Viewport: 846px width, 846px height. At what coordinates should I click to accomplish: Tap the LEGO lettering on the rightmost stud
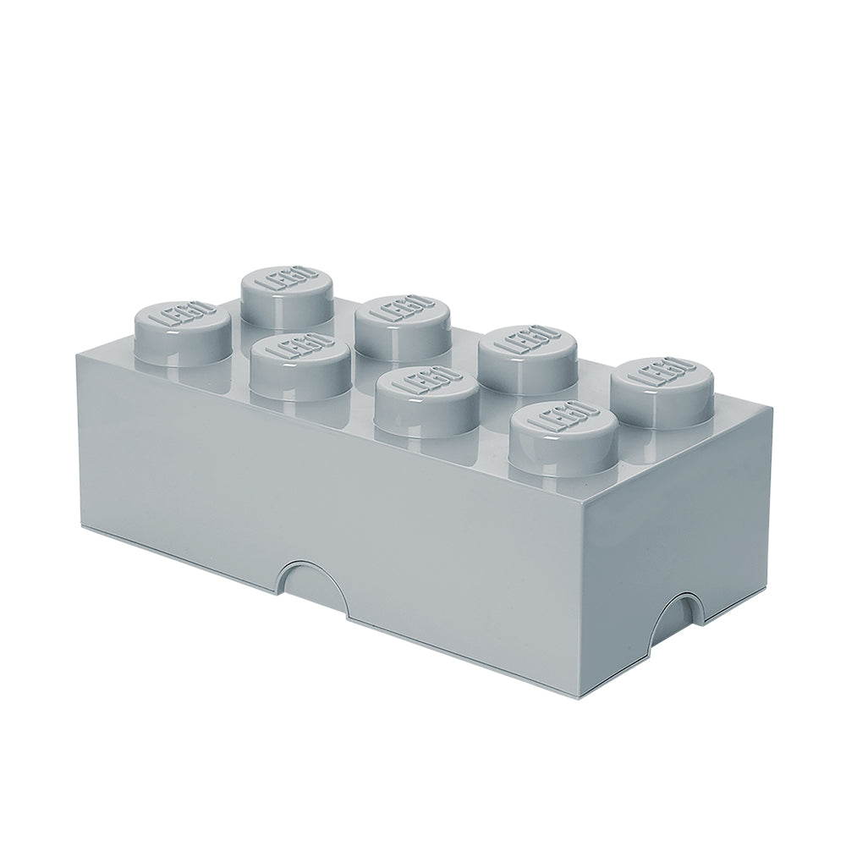[x=663, y=371]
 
